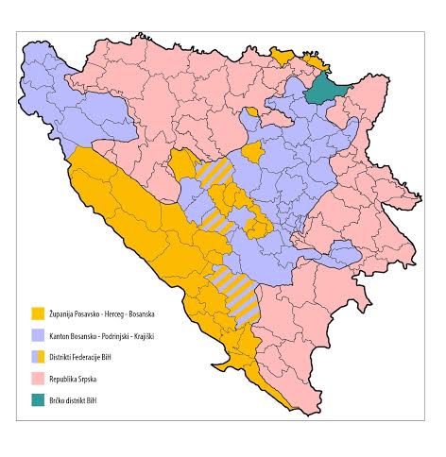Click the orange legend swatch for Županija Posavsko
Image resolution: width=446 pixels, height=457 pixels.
coord(38,313)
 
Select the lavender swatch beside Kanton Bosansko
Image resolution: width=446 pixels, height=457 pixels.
coord(38,335)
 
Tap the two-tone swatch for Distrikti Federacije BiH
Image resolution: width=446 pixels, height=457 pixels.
coord(38,357)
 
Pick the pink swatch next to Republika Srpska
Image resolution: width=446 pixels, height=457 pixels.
coord(38,379)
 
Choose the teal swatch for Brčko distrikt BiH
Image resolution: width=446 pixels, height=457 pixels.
coord(38,400)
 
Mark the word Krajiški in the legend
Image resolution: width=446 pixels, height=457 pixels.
coord(142,335)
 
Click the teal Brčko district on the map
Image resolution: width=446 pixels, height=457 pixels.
coord(325,88)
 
